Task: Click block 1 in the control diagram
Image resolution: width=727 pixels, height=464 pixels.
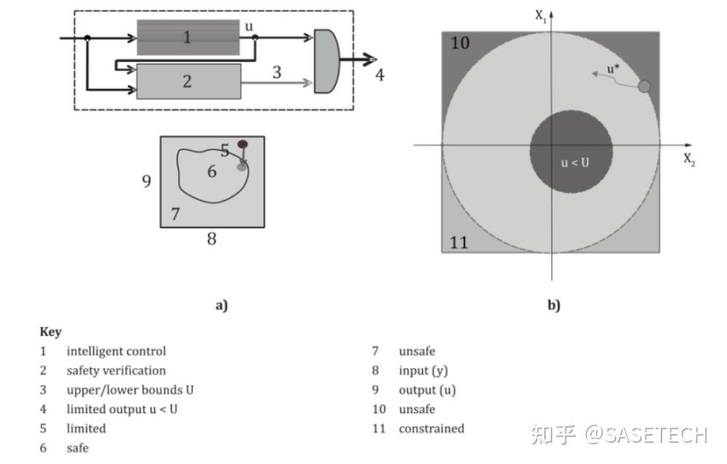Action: pyautogui.click(x=188, y=37)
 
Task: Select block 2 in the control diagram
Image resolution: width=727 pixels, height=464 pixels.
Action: pyautogui.click(x=188, y=81)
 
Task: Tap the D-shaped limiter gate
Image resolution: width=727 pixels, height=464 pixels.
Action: pyautogui.click(x=325, y=60)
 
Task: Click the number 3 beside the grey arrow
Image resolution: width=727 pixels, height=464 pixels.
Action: pyautogui.click(x=277, y=73)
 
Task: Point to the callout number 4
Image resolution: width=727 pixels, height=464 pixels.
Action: pyautogui.click(x=379, y=74)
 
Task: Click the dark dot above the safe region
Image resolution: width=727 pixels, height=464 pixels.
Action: pyautogui.click(x=242, y=144)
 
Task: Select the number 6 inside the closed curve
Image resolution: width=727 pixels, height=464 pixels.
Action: pyautogui.click(x=212, y=172)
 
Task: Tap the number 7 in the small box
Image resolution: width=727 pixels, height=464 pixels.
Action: pyautogui.click(x=175, y=214)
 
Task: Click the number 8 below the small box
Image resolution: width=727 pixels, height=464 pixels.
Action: pyautogui.click(x=212, y=239)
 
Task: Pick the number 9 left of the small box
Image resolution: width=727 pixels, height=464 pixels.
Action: pyautogui.click(x=146, y=181)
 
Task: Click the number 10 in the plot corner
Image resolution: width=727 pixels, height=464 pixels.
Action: pyautogui.click(x=459, y=43)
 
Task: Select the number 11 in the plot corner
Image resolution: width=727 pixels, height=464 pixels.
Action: pyautogui.click(x=458, y=242)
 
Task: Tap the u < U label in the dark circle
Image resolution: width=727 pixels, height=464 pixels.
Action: pyautogui.click(x=574, y=162)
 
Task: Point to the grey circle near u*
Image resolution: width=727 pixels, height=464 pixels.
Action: pyautogui.click(x=644, y=87)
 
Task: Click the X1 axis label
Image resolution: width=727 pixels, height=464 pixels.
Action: pyautogui.click(x=541, y=15)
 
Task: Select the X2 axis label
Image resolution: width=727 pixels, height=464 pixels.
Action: pyautogui.click(x=688, y=160)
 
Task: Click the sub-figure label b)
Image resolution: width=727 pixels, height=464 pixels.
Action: pyautogui.click(x=554, y=305)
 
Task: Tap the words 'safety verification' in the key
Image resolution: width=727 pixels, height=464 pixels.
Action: pyautogui.click(x=116, y=370)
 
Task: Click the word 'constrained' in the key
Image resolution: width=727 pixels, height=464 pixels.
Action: pyautogui.click(x=431, y=428)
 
